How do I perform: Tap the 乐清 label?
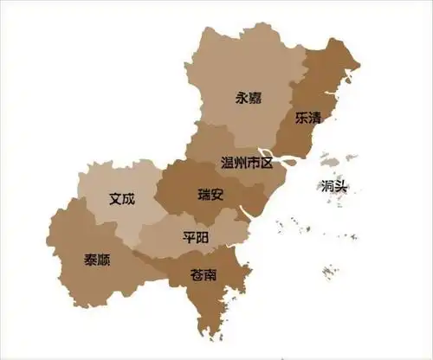point(307,117)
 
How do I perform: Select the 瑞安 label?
point(210,194)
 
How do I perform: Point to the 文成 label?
point(122,198)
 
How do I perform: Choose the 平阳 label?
point(196,237)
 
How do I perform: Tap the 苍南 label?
point(204,275)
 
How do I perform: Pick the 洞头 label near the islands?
point(334,186)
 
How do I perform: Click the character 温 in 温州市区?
point(229,162)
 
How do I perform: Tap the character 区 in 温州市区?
point(266,162)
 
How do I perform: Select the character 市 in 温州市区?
point(254,162)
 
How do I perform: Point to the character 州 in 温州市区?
point(242,162)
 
